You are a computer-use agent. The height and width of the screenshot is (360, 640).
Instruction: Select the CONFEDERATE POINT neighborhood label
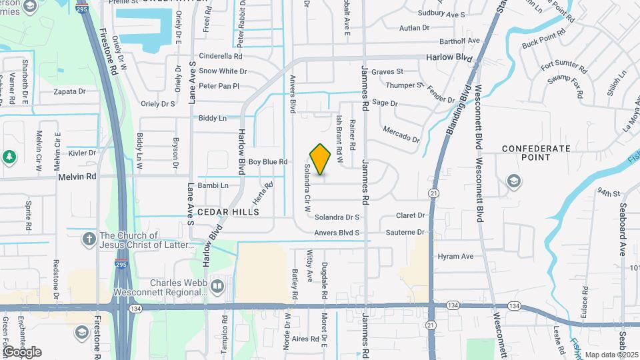536,153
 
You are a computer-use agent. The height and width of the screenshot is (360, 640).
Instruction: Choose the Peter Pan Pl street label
219,86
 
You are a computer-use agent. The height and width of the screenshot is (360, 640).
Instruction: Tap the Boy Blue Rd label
267,162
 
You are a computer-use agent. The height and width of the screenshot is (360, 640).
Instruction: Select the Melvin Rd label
78,177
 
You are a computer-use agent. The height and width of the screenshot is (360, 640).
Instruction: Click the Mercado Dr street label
401,134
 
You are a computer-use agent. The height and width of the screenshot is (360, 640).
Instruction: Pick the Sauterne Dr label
405,232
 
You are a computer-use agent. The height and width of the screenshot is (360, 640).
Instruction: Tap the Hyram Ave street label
455,256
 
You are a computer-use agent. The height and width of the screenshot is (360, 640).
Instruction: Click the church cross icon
89,239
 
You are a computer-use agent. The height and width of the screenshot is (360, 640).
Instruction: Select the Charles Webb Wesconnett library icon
217,287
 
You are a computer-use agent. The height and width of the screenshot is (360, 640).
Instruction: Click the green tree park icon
9,157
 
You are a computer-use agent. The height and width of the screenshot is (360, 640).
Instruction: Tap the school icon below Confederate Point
513,181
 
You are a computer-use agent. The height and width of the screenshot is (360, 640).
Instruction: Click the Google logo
23,351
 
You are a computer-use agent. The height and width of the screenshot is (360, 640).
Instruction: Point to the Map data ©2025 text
611,355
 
